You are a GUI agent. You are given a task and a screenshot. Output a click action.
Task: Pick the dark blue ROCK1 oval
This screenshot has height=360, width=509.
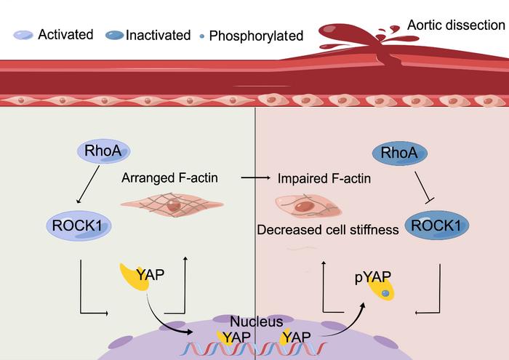tap(437, 226)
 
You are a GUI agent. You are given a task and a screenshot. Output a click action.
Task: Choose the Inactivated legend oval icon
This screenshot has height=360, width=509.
tap(115, 34)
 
